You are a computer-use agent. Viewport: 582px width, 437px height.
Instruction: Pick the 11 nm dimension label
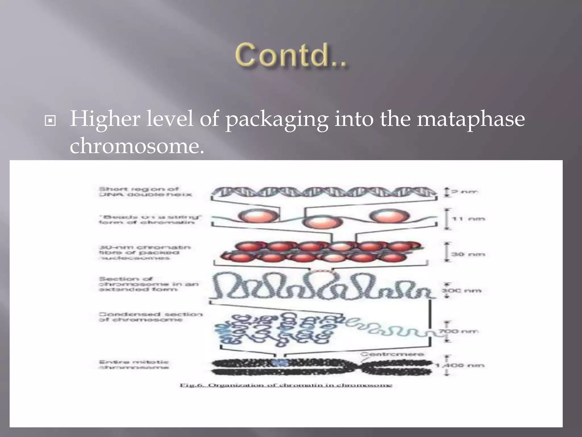click(x=468, y=219)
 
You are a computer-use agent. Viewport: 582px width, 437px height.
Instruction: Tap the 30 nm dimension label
click(x=468, y=254)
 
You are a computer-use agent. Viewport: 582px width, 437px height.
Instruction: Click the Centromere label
click(x=392, y=354)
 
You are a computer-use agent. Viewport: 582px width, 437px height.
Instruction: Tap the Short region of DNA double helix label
click(x=145, y=192)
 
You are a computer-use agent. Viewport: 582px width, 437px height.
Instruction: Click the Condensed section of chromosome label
click(x=150, y=317)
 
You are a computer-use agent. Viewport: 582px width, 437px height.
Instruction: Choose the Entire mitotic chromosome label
click(x=134, y=364)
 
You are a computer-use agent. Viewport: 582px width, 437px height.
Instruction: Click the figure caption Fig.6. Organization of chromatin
click(x=286, y=386)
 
